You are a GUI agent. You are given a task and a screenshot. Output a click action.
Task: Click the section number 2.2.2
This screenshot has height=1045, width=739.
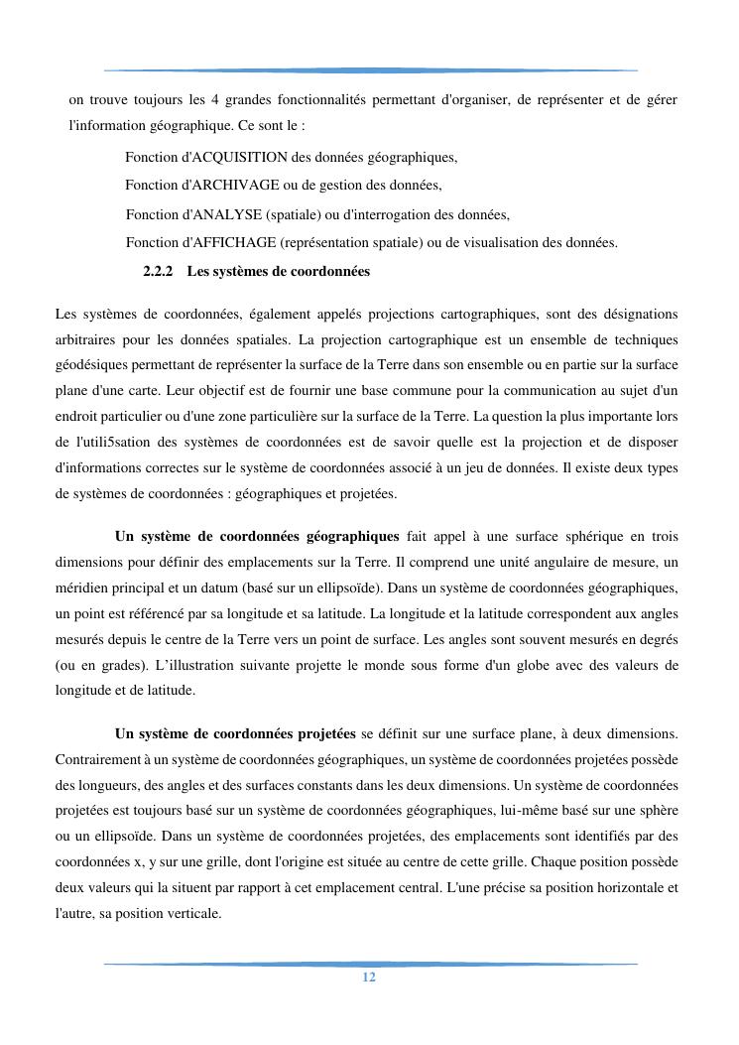[x=158, y=271]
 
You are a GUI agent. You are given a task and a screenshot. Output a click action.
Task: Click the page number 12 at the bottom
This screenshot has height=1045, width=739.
[x=369, y=978]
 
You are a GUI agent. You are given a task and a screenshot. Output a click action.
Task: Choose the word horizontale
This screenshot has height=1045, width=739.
[x=634, y=887]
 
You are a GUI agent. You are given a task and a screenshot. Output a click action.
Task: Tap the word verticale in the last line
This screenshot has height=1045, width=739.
[x=195, y=913]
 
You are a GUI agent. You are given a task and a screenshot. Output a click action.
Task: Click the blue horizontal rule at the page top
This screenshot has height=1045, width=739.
[x=370, y=70]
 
